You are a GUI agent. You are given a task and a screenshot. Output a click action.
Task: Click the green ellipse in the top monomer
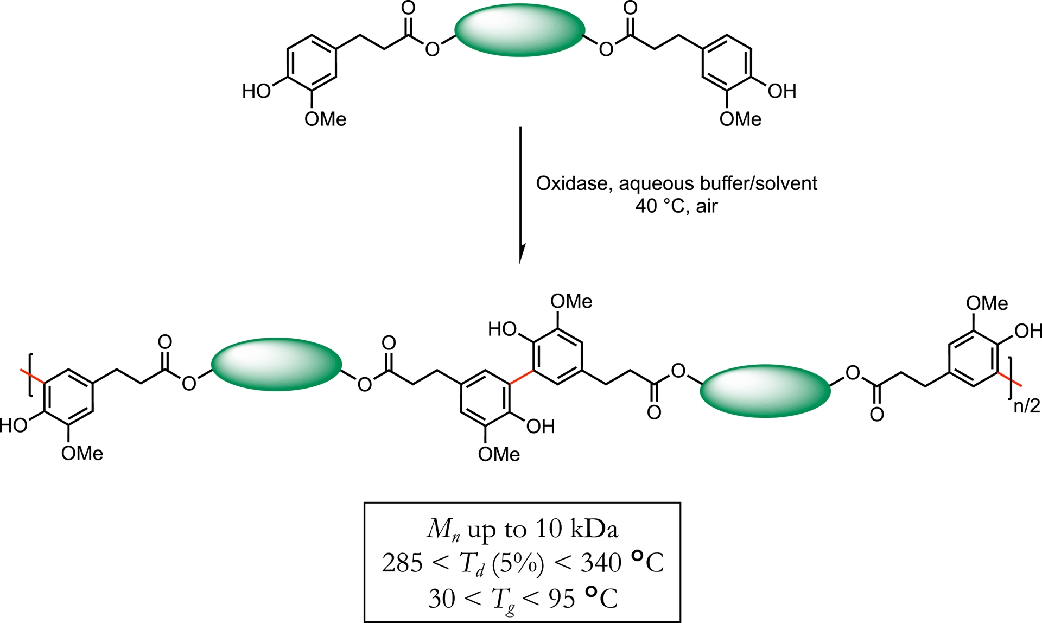[519, 29]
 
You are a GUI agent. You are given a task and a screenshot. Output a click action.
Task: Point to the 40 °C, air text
[676, 206]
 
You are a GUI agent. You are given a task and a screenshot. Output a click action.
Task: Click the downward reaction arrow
[520, 195]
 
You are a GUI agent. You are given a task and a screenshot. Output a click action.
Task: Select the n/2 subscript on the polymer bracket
[1026, 406]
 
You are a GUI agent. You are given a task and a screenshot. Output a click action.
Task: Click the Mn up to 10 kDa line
[522, 529]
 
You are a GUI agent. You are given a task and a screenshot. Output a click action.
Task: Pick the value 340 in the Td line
[601, 563]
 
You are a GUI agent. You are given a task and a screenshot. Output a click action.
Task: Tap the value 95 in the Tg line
[562, 599]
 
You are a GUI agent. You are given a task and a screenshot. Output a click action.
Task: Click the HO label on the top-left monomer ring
[256, 91]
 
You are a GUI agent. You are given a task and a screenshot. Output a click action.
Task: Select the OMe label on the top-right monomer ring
[740, 119]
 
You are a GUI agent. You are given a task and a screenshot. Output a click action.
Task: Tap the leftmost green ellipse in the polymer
[276, 364]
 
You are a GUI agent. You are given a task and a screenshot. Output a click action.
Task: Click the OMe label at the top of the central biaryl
[571, 302]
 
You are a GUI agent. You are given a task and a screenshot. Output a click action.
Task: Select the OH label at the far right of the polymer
[1028, 330]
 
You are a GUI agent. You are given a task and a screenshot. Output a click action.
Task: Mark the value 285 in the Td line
[402, 563]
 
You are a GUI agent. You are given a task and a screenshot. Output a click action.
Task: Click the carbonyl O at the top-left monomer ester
[408, 8]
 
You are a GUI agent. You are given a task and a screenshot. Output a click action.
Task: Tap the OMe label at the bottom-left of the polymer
[82, 453]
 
